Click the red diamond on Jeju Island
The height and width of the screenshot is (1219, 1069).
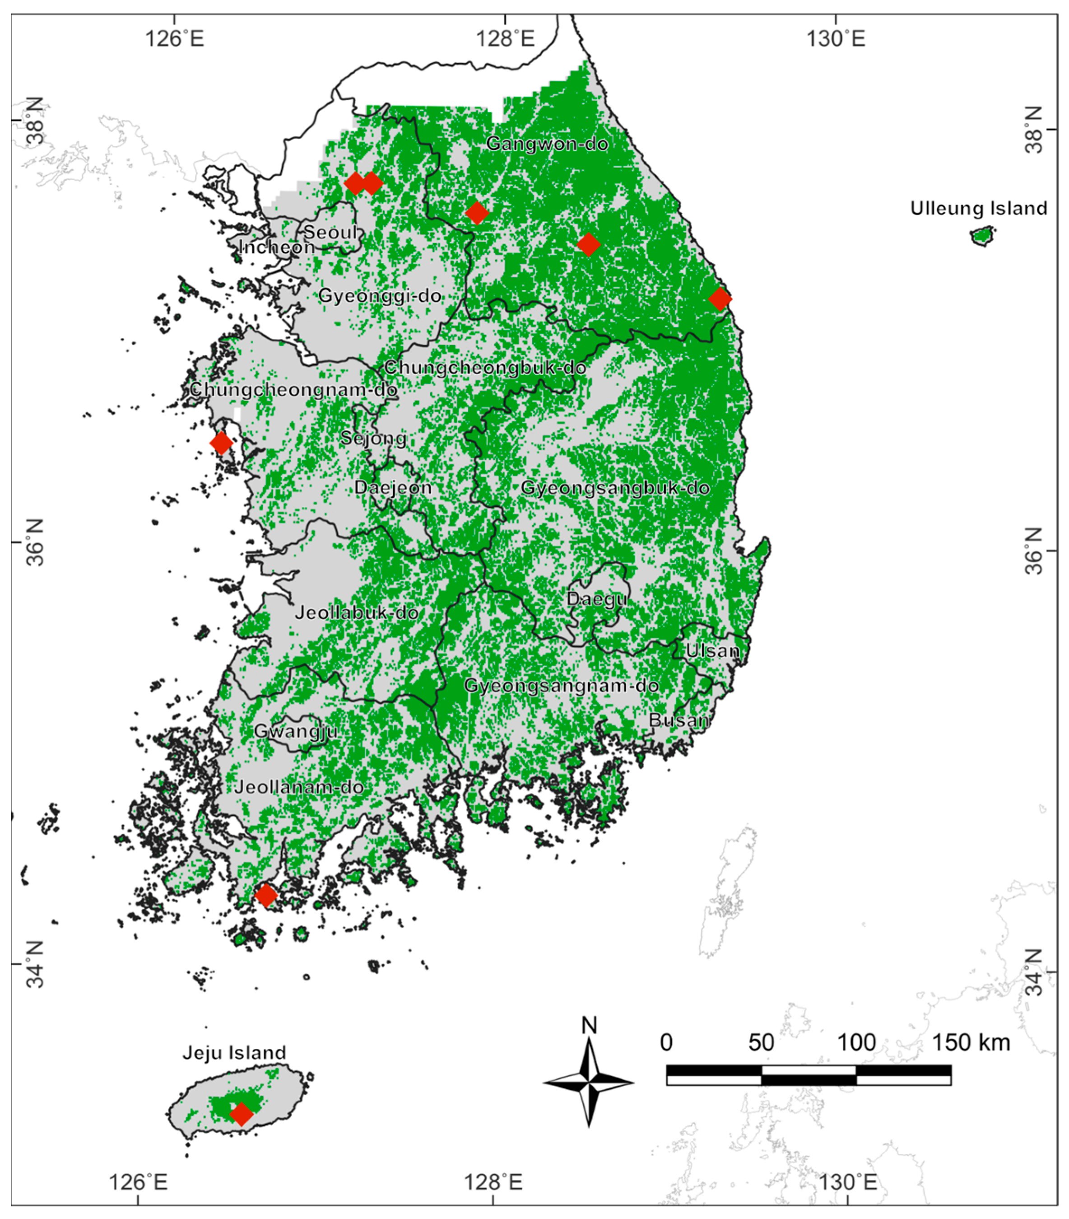point(241,1113)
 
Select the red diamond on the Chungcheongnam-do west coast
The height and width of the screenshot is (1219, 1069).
point(221,443)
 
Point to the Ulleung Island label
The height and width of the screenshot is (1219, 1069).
point(978,208)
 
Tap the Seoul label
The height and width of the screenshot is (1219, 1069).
point(330,232)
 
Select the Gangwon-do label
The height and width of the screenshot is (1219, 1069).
point(547,144)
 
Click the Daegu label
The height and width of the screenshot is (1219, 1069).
point(597,599)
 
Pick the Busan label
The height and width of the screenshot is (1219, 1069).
point(679,720)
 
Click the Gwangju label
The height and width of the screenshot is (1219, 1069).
point(296,731)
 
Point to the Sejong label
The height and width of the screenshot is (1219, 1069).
point(374,439)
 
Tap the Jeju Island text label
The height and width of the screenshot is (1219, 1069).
point(234,1053)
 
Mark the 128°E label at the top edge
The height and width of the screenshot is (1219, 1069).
point(504,39)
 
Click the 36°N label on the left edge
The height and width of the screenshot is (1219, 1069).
point(35,542)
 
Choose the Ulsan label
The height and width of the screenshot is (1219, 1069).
point(712,650)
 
